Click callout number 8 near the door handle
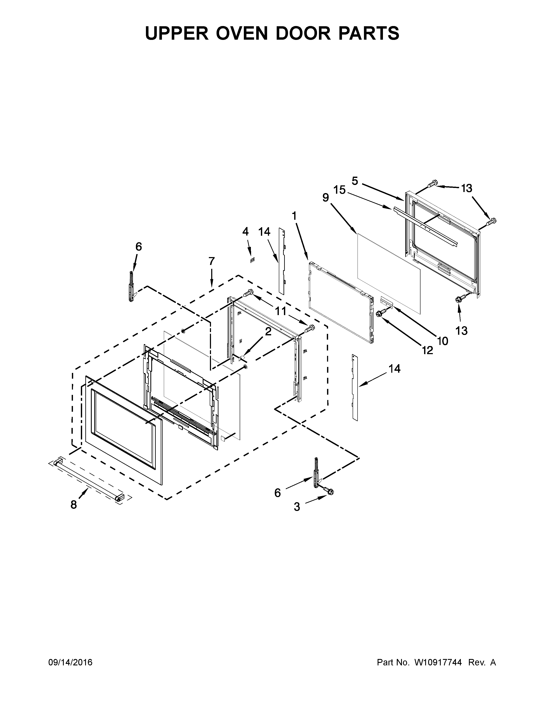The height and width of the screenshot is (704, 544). [74, 505]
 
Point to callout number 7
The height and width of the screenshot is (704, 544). [211, 261]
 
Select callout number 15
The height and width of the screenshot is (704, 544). [339, 190]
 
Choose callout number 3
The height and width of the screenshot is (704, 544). [297, 507]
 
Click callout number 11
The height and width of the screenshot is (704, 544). [280, 311]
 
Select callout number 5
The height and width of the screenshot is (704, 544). [355, 181]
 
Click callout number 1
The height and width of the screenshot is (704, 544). [294, 216]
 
